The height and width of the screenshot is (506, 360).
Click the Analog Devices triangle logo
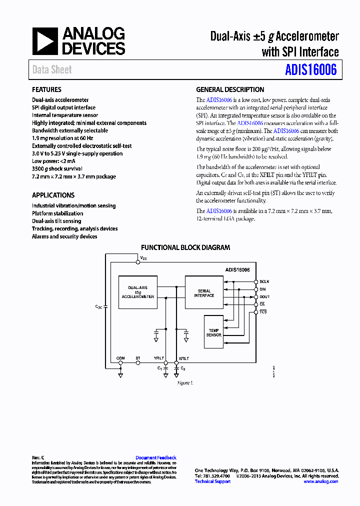[x=45, y=41]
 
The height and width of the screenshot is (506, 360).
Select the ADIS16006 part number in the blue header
[x=311, y=70]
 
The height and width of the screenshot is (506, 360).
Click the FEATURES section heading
[x=46, y=90]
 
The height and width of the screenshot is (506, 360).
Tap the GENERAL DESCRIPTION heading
[x=230, y=90]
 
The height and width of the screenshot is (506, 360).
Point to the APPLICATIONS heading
[x=53, y=195]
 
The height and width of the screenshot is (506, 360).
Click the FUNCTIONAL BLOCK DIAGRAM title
[x=185, y=247]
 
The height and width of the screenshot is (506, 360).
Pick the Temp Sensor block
[x=214, y=332]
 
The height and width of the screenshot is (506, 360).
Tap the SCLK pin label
[x=264, y=281]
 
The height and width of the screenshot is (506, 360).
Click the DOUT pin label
[x=264, y=296]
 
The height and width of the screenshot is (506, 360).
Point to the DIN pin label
[x=263, y=289]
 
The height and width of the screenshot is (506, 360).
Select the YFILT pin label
[x=159, y=358]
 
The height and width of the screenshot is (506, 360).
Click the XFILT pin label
[x=184, y=358]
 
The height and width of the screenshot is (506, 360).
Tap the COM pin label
[x=120, y=358]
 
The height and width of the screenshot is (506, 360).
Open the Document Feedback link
[x=156, y=457]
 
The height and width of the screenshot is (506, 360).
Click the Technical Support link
[x=212, y=481]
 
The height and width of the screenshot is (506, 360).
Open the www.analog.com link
[x=320, y=481]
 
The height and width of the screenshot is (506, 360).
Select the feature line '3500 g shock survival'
[x=57, y=169]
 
